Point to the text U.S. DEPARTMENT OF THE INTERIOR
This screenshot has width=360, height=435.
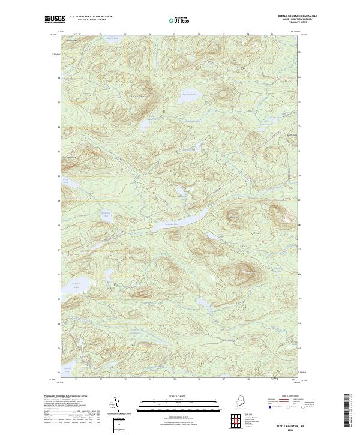tap(91, 17)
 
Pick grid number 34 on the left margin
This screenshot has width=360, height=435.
tap(58, 78)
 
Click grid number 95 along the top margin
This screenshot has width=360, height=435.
tap(174, 34)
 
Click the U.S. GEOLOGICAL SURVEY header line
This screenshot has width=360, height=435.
tap(91, 20)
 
